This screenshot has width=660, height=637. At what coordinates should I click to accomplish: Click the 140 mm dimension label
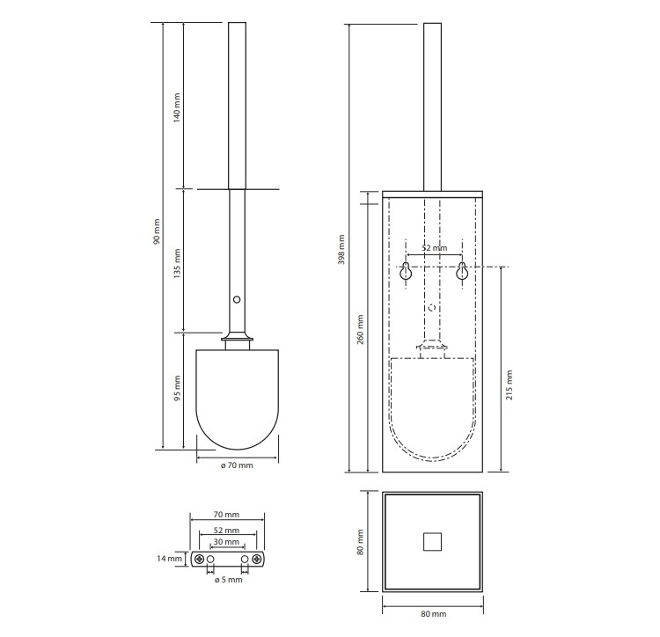click(x=177, y=107)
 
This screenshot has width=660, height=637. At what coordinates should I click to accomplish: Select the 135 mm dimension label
click(x=177, y=263)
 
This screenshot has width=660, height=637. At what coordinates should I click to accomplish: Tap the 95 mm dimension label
click(x=177, y=388)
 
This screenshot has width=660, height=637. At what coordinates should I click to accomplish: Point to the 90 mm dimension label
click(x=157, y=231)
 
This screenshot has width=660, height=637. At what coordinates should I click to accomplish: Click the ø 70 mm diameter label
click(x=237, y=465)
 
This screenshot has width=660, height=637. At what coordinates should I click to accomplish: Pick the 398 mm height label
click(x=341, y=250)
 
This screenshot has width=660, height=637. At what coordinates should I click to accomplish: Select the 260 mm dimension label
click(x=360, y=329)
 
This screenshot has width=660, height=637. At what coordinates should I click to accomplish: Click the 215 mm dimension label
click(x=510, y=385)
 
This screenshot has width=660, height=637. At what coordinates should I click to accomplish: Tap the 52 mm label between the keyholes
click(x=435, y=248)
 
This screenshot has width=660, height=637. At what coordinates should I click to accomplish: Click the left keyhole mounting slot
click(x=406, y=271)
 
